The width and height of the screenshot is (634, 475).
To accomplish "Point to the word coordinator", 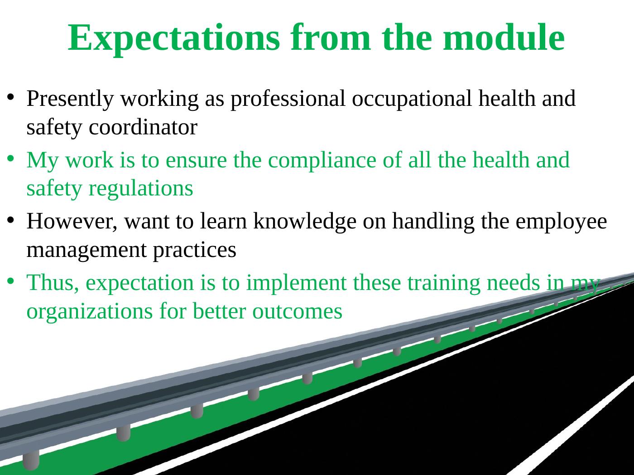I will pyautogui.click(x=143, y=128).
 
